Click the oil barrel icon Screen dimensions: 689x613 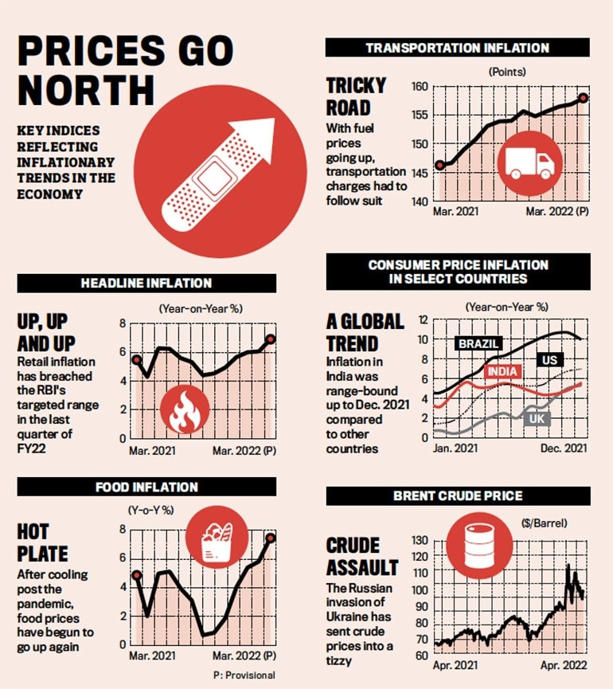point(467,551)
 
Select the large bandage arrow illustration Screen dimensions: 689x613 point(217,170)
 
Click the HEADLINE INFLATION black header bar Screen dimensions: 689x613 point(146,283)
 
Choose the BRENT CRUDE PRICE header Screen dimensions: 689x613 point(458,496)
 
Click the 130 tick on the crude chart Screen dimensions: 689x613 point(420,541)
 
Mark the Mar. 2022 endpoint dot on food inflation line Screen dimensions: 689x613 point(271,538)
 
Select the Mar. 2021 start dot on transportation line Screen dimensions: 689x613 point(439,166)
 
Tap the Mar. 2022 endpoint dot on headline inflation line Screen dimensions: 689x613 point(271,339)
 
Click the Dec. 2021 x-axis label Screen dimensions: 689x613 point(564,449)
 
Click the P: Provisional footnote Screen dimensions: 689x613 point(244,675)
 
